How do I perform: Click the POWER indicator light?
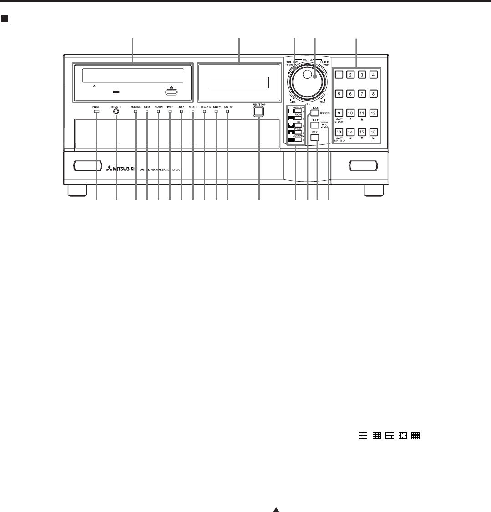pyautogui.click(x=96, y=111)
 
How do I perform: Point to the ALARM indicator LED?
pyautogui.click(x=158, y=111)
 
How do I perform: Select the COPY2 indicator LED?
pyautogui.click(x=228, y=111)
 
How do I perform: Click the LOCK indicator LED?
pyautogui.click(x=182, y=111)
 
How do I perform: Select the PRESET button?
pyautogui.click(x=298, y=132)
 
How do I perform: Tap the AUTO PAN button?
pyautogui.click(x=298, y=140)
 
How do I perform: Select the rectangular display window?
pyautogui.click(x=239, y=83)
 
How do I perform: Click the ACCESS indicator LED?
pyautogui.click(x=136, y=111)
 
